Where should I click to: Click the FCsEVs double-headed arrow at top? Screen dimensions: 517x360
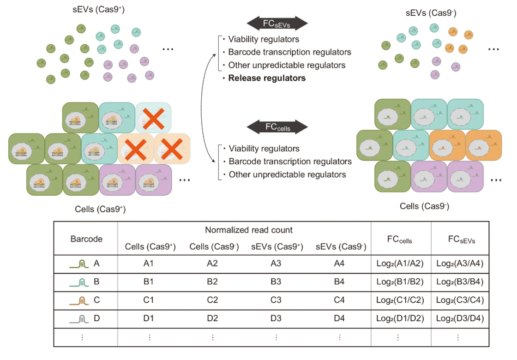coord(277,24)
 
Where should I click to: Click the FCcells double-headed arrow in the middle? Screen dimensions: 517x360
coord(277,127)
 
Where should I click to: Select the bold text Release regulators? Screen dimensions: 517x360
coord(267,78)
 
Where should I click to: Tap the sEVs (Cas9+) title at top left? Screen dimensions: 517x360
coord(99,9)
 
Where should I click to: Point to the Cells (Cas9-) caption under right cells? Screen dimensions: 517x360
coord(424,206)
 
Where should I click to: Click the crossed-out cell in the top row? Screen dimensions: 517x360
coord(153,118)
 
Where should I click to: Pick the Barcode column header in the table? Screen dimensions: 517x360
coord(86,239)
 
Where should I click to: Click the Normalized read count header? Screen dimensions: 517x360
coord(249,230)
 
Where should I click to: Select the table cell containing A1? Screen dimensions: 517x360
coord(148,264)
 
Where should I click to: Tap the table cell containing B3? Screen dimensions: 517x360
coord(276,282)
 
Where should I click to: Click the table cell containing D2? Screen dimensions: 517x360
coord(212,318)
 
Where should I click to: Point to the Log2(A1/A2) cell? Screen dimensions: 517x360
coord(400,264)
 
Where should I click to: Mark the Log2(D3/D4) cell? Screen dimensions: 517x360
coord(460,318)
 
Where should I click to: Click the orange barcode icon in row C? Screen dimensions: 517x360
coord(79,300)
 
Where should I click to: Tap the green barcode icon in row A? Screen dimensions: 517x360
coord(79,264)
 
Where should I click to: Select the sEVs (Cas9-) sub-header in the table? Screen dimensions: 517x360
coord(341,246)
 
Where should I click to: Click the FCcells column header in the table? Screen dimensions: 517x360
coord(400,240)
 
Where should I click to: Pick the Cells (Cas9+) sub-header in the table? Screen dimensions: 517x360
coord(150,246)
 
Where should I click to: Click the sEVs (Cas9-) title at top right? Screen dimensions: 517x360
coord(431,13)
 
